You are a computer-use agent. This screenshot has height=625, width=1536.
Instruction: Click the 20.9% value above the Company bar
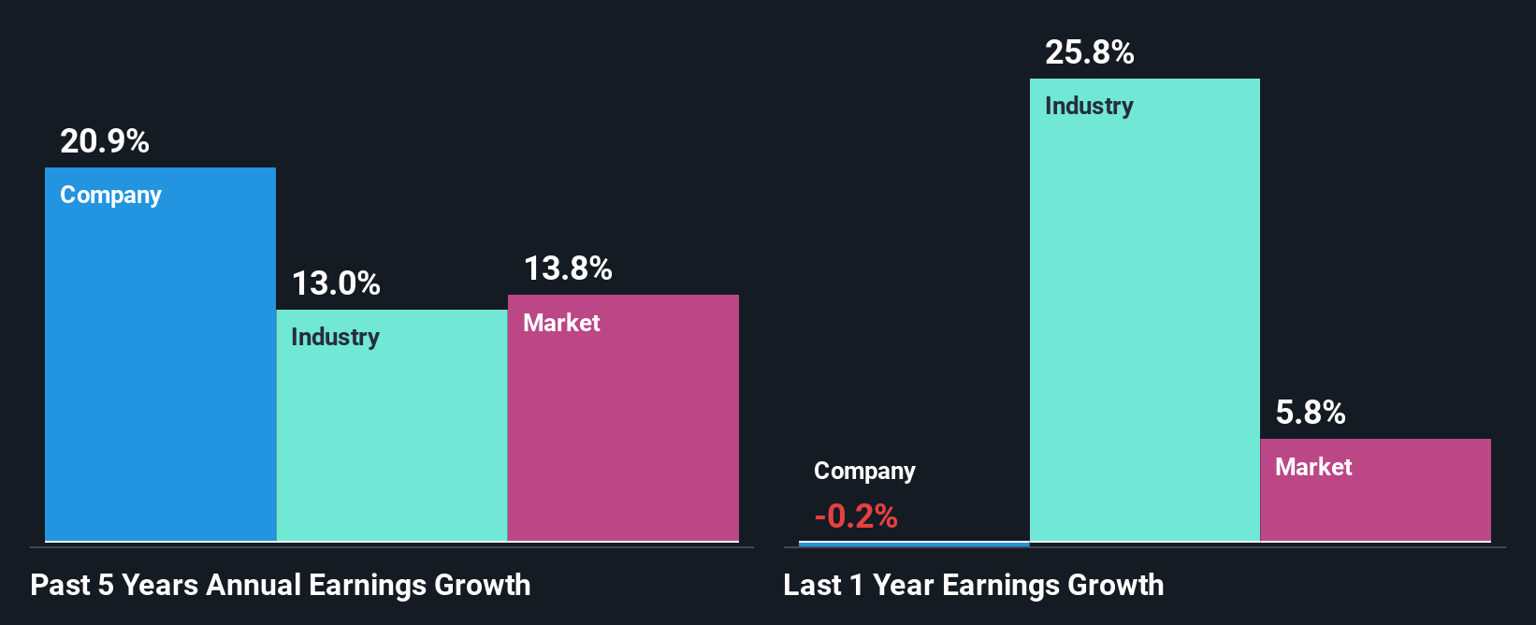coord(105,141)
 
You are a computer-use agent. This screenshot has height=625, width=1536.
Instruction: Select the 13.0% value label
coord(336,283)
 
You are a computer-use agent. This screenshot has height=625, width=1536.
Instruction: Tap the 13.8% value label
coord(568,269)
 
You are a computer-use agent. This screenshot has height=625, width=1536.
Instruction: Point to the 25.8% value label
coord(1089,52)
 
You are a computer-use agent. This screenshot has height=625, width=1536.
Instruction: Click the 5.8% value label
coord(1311,413)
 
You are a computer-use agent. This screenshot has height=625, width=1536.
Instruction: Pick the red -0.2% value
coord(856,516)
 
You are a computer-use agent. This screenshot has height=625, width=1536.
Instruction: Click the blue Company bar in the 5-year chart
coord(160,374)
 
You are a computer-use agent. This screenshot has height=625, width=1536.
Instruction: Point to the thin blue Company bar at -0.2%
coord(914,544)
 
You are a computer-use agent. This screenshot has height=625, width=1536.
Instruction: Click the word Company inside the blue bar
coord(110,196)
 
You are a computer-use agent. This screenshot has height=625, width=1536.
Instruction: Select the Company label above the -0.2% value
coord(864,472)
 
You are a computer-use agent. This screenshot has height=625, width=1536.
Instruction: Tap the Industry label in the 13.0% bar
coord(335,337)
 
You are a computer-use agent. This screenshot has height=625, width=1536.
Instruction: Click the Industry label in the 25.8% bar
coord(1089,106)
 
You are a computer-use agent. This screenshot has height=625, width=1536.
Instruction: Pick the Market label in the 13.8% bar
coord(561,323)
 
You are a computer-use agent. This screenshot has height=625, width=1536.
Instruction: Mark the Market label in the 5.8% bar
coord(1313,467)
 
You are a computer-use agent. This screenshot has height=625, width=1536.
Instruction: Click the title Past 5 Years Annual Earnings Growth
coord(281,585)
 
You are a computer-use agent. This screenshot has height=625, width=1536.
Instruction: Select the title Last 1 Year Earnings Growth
coord(973,585)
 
